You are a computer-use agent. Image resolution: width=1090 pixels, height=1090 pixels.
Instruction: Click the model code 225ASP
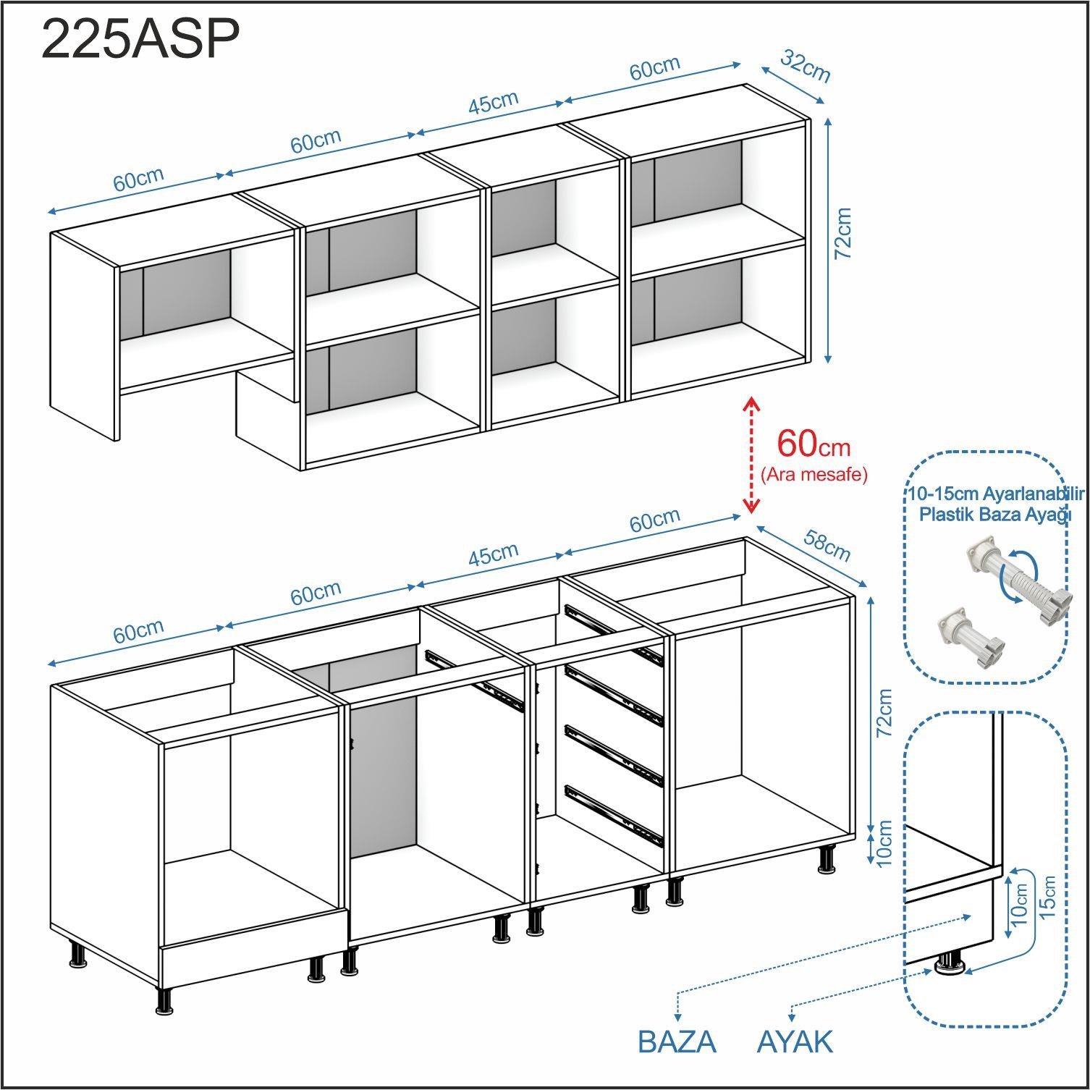coord(140,40)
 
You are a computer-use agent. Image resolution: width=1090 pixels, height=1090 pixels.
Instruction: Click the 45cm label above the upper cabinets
coord(493,101)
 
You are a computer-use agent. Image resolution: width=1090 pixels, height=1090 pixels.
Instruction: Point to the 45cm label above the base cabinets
coord(493,554)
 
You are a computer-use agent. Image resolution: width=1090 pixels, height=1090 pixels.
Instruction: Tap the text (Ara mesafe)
coord(814,475)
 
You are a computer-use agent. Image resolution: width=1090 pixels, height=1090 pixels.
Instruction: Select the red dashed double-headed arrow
coord(751,455)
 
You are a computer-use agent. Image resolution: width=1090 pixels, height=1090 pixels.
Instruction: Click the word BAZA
coord(677,1042)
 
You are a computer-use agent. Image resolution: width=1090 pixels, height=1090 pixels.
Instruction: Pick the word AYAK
coord(795,1042)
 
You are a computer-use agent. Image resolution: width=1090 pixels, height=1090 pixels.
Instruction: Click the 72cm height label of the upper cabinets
coord(842,233)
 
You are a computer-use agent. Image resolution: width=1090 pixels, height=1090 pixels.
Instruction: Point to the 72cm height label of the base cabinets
coord(884,713)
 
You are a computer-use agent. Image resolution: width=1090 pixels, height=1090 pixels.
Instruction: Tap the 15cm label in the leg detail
coord(1047,897)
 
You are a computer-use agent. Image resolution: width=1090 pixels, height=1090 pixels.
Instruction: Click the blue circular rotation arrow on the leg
coord(1015,573)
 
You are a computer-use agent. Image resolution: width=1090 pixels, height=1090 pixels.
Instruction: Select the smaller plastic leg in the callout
coord(970,636)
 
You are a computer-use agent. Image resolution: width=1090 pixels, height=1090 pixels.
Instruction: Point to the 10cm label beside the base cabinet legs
coord(884,842)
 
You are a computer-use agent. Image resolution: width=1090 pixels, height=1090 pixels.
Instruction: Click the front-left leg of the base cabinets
coord(165,1001)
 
